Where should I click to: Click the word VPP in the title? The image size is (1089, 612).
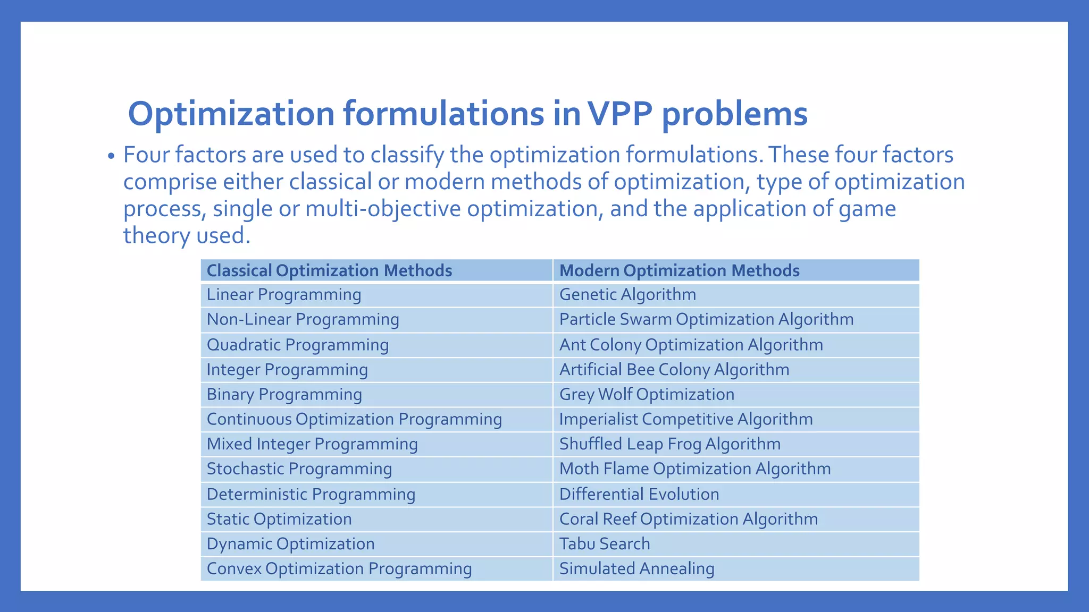pos(620,114)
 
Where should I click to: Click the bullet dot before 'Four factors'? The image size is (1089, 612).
pos(111,157)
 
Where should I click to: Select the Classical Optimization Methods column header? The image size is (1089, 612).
pos(329,270)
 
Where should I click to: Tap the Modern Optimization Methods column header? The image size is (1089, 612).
pos(679,270)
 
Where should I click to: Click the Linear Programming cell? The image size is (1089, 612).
pos(283,295)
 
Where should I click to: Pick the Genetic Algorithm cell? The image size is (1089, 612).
pos(627,295)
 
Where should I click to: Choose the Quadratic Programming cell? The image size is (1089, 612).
pos(297,345)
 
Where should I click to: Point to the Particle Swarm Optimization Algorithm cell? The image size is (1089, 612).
pos(706,319)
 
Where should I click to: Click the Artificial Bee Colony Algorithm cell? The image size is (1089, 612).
pos(674,370)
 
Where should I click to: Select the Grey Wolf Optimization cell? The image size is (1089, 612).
pos(647,394)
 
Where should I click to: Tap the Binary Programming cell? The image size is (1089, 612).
pos(284,394)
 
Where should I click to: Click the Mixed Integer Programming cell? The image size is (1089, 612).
pos(312,444)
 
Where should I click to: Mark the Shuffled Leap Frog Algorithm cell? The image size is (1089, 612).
pos(669,444)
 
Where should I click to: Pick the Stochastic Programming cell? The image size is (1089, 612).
pos(299,469)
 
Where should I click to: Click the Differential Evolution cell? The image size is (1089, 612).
pos(639,494)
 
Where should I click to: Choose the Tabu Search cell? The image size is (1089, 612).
pos(605,544)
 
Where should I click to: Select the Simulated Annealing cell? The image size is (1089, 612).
pos(636,569)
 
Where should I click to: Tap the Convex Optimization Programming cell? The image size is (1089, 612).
pos(339,569)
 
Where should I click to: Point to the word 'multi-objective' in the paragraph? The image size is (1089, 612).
pos(383,209)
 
